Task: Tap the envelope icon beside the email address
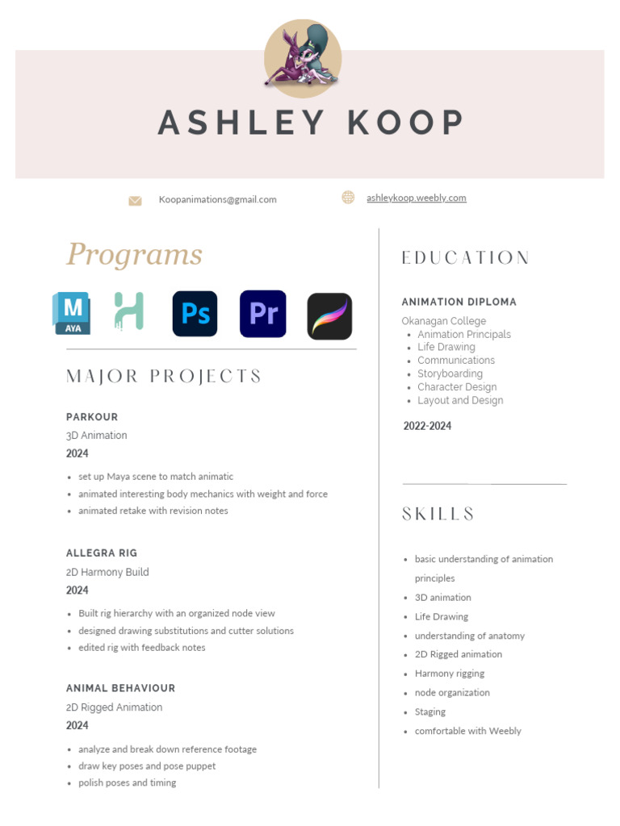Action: click(x=135, y=200)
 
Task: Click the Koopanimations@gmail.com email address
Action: click(x=217, y=199)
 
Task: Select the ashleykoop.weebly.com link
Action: click(x=416, y=198)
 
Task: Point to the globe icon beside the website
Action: click(x=348, y=197)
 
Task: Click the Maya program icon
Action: click(x=72, y=313)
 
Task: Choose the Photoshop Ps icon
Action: click(x=195, y=313)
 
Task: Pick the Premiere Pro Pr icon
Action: click(x=263, y=313)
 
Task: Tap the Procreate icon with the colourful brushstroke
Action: click(x=329, y=315)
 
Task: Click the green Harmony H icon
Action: click(x=129, y=311)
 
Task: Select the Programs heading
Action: click(x=134, y=255)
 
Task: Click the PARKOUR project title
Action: click(x=92, y=417)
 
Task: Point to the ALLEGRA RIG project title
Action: click(x=102, y=553)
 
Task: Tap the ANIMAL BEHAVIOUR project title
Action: click(x=120, y=688)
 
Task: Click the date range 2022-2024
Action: click(x=427, y=426)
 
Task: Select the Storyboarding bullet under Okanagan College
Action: click(x=450, y=373)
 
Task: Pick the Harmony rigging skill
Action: click(x=449, y=674)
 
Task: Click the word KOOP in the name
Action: click(x=405, y=123)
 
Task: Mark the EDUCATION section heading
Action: click(x=466, y=258)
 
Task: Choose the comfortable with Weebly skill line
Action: click(x=467, y=731)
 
